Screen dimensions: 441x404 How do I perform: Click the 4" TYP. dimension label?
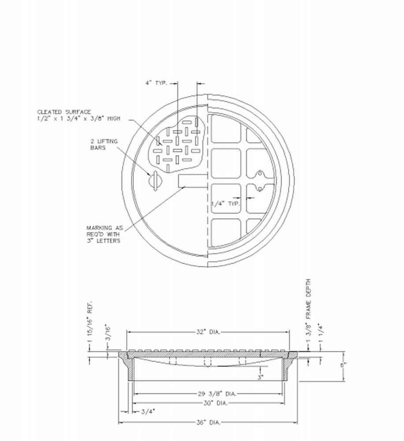point(156,82)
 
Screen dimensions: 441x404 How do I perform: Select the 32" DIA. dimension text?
point(207,332)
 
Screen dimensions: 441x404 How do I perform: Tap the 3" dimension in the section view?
point(261,377)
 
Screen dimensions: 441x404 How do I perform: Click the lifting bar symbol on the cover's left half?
point(155,180)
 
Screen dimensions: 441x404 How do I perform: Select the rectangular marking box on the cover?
point(193,180)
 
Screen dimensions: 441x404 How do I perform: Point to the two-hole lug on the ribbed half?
point(260,181)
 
